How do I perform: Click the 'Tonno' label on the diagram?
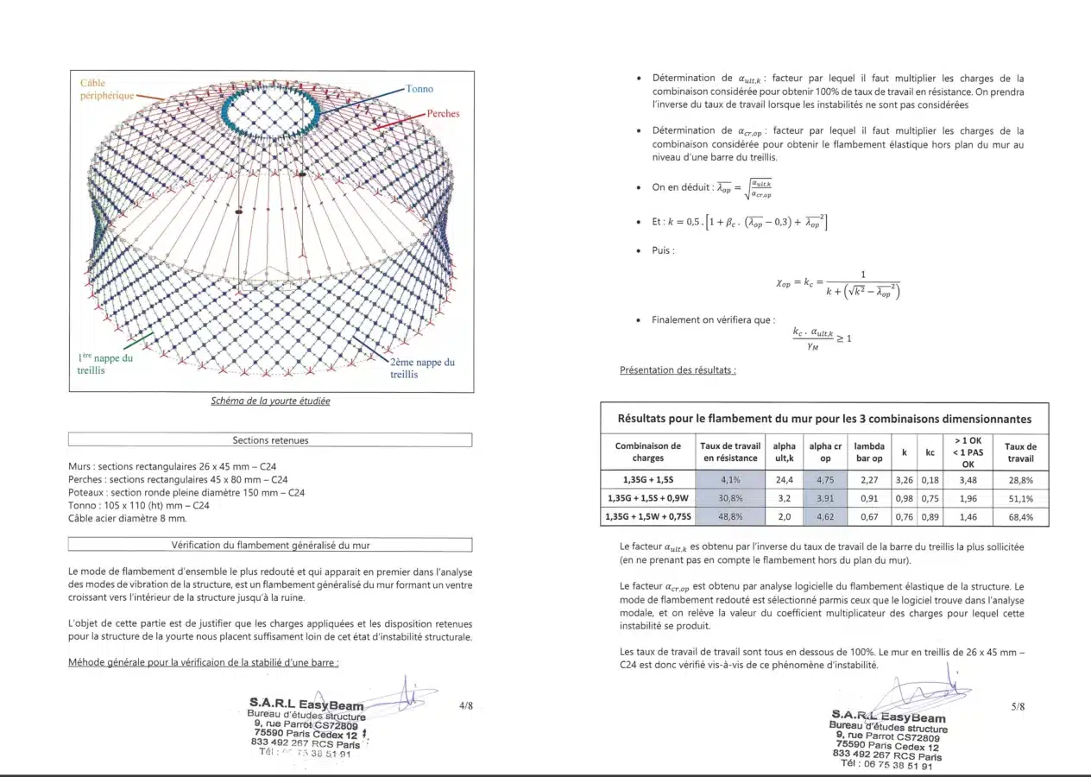pyautogui.click(x=419, y=89)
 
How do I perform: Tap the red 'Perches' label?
pyautogui.click(x=443, y=113)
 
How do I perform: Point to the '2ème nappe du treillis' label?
pyautogui.click(x=422, y=368)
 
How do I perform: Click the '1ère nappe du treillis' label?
pyautogui.click(x=104, y=363)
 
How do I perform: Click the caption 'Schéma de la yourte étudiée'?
pyautogui.click(x=270, y=401)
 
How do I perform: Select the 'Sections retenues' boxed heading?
pyautogui.click(x=270, y=440)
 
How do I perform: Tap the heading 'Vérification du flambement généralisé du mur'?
pyautogui.click(x=270, y=545)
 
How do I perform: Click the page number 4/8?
pyautogui.click(x=466, y=705)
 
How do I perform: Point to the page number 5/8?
pyautogui.click(x=1018, y=706)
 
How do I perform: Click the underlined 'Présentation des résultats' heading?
pyautogui.click(x=678, y=370)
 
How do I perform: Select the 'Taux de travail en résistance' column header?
pyautogui.click(x=730, y=452)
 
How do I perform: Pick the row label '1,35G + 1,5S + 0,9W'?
pyautogui.click(x=647, y=498)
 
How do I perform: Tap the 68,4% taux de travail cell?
pyautogui.click(x=1020, y=516)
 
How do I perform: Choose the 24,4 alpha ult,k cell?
pyautogui.click(x=784, y=480)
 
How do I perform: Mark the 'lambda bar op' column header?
pyautogui.click(x=868, y=452)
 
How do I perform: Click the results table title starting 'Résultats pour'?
pyautogui.click(x=823, y=419)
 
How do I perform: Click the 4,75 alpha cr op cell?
pyautogui.click(x=825, y=480)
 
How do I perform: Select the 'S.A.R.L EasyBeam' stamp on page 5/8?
pyautogui.click(x=888, y=717)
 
